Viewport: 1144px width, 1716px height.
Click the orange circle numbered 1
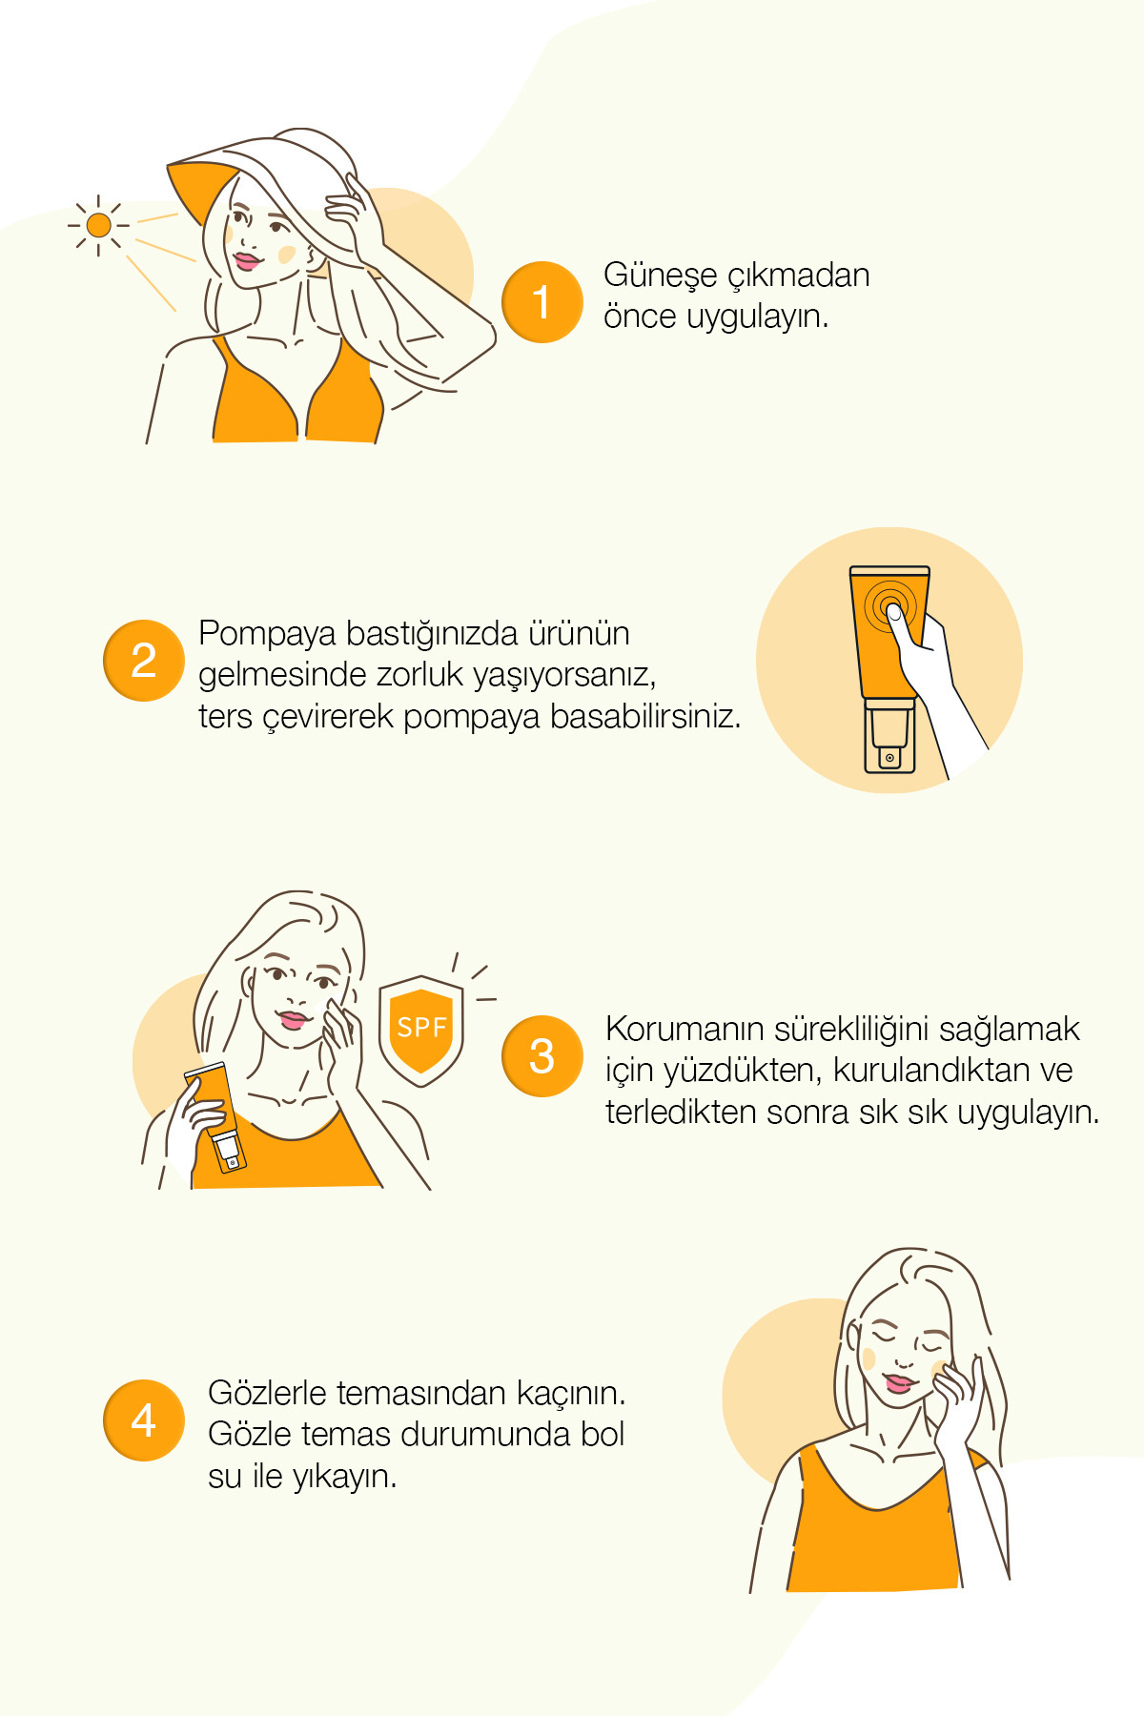click(541, 302)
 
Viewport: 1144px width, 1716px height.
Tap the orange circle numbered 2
click(143, 661)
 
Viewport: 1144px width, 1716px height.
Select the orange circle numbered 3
click(541, 1056)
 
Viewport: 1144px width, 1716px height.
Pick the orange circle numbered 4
click(143, 1420)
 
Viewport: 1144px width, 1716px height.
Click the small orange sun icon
click(98, 225)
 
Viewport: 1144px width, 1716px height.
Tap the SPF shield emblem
click(421, 1030)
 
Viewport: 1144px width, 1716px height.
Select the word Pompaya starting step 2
click(266, 634)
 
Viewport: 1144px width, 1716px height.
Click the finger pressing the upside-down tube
click(896, 618)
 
